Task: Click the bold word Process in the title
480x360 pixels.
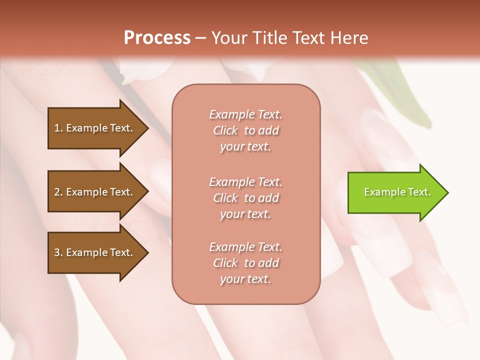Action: [x=157, y=38]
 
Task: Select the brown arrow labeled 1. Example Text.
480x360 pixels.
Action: [x=95, y=128]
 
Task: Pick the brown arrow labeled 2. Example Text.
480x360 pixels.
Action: [x=95, y=192]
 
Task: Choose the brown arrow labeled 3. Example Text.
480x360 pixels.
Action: [x=95, y=252]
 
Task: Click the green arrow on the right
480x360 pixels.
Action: [x=395, y=192]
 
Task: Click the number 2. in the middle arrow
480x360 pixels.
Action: [x=58, y=192]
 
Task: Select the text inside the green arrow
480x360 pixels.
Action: [x=397, y=192]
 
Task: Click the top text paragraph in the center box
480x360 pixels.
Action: [x=245, y=130]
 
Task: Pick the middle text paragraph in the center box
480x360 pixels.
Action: [x=245, y=198]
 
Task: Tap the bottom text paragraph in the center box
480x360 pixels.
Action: [x=245, y=263]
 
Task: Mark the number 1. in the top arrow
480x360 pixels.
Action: [x=58, y=128]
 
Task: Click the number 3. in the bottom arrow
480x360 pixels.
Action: [x=58, y=252]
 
